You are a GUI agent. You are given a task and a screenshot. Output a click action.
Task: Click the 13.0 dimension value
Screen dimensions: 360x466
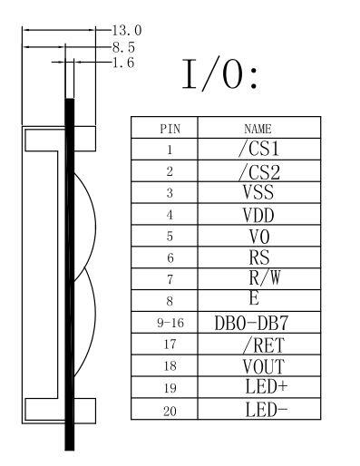pos(127,30)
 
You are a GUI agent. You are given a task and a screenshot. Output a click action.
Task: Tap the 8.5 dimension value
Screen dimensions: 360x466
pos(123,47)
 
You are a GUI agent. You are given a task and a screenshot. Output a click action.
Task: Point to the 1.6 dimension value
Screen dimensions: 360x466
pos(123,63)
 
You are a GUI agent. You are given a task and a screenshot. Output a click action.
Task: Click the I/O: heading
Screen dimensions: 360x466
pos(219,74)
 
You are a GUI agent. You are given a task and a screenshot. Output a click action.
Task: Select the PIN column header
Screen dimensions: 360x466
pos(170,129)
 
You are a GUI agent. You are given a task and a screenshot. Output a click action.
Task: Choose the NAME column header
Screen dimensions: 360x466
pos(258,129)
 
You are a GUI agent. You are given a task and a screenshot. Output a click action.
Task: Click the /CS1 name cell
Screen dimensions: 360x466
pos(258,149)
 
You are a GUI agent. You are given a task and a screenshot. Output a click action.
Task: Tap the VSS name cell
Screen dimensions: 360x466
pos(258,192)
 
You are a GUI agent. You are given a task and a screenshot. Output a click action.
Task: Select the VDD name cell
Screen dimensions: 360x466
pos(258,215)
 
